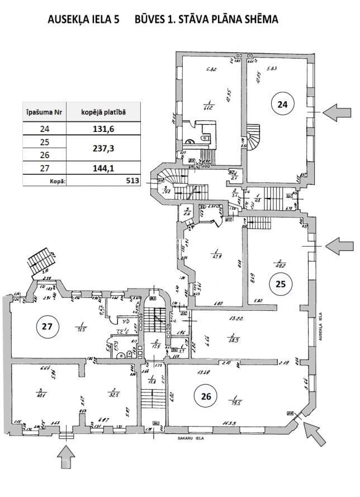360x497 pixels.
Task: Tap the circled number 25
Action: tap(281, 284)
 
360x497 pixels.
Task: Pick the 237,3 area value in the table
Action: tap(103, 149)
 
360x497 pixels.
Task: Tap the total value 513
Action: tap(132, 181)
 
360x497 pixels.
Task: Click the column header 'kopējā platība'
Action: tap(103, 112)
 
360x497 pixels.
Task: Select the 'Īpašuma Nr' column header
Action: tap(44, 112)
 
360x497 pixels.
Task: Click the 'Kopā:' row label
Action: tap(58, 181)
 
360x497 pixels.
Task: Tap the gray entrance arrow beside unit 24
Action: tap(338, 112)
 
